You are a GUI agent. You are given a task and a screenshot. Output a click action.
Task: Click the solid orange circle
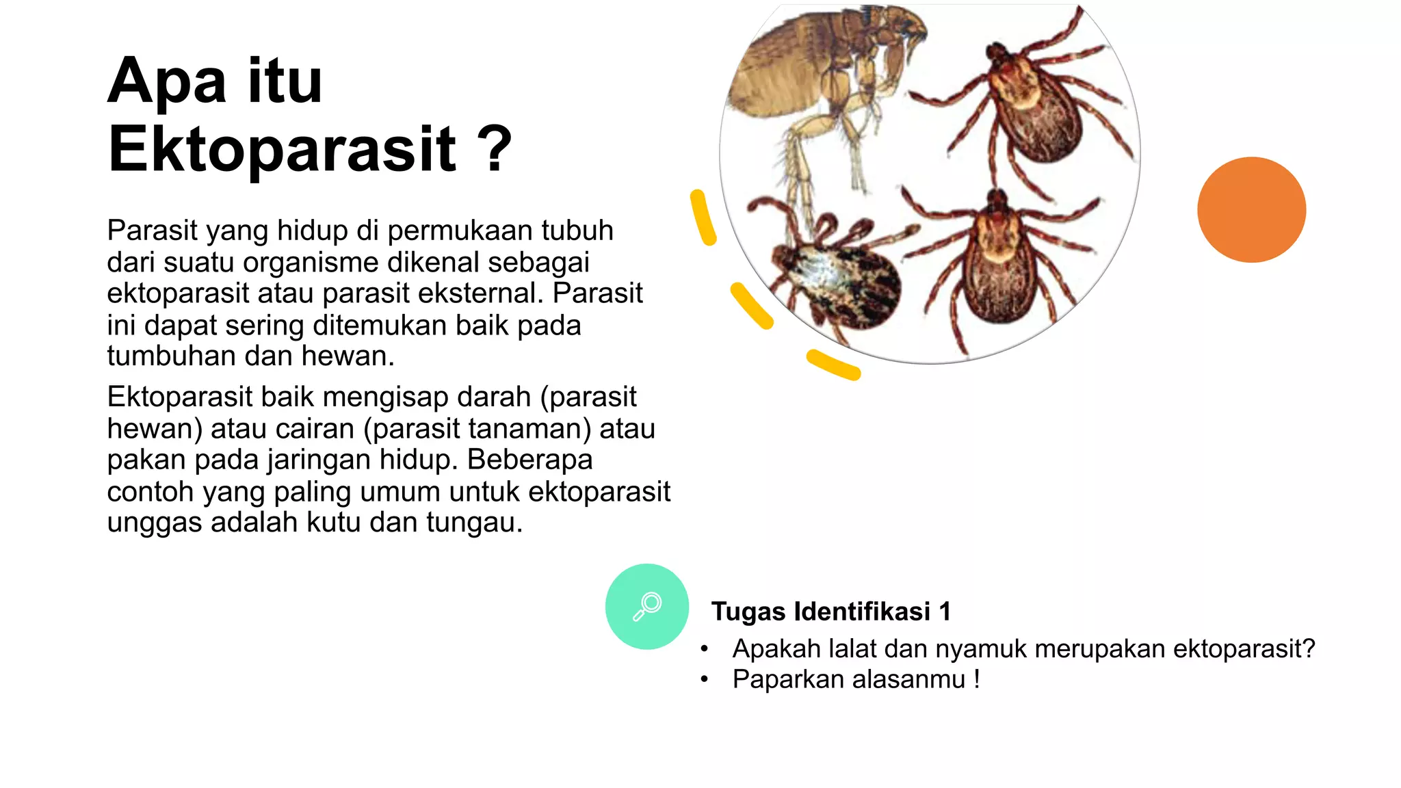(x=1251, y=210)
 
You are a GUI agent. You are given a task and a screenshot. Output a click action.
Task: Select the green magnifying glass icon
(x=646, y=606)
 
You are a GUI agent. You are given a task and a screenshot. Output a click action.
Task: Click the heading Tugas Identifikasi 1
(x=830, y=612)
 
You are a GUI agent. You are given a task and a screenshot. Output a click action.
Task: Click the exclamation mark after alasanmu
(x=977, y=680)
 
